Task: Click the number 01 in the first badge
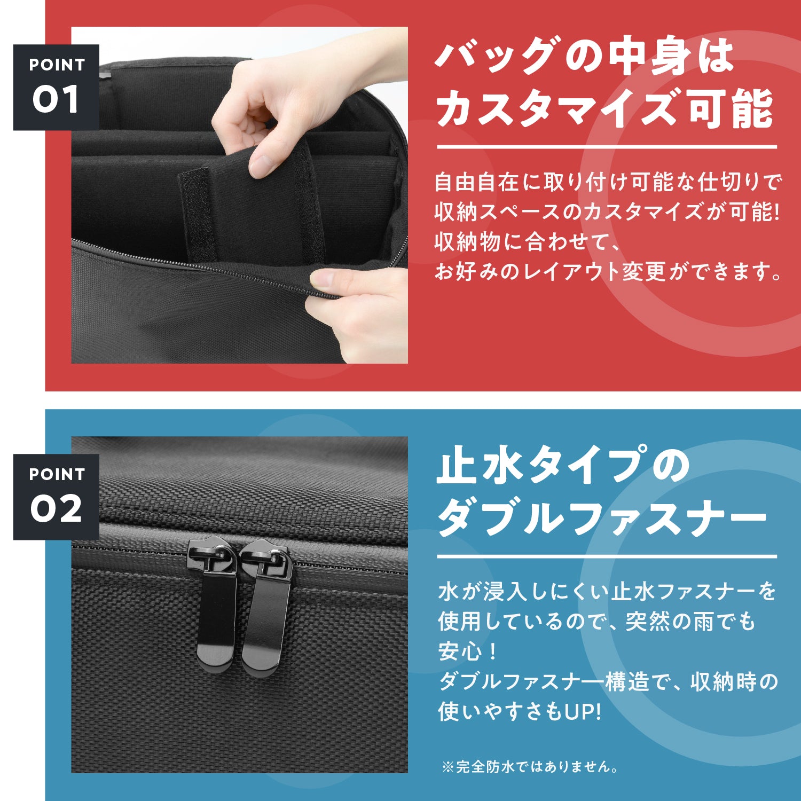[x=56, y=99]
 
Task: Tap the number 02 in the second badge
[x=56, y=509]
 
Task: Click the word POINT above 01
[x=57, y=65]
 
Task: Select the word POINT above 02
[x=57, y=474]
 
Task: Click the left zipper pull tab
[x=216, y=603]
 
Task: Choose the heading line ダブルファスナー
[x=602, y=517]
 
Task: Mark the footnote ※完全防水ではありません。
[x=530, y=767]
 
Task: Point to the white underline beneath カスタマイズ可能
[x=607, y=147]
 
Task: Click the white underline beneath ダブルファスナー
[x=607, y=556]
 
